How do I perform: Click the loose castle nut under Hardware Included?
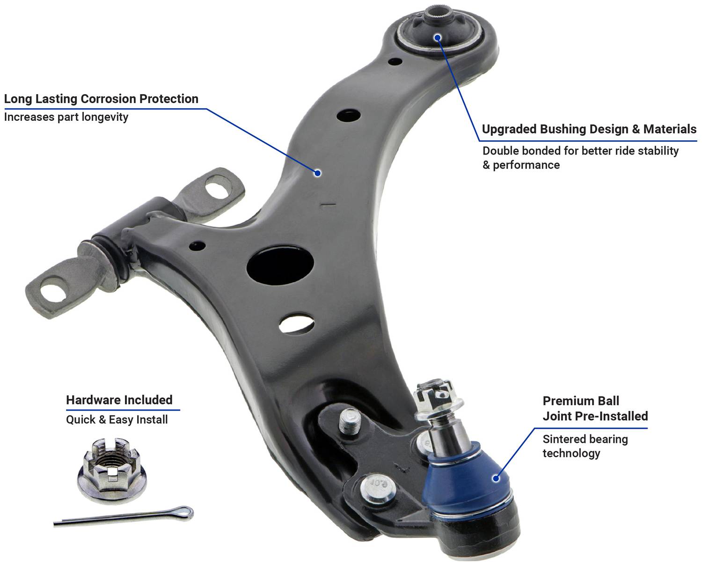(112, 470)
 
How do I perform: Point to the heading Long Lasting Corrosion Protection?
(101, 99)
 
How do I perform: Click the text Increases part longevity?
(66, 117)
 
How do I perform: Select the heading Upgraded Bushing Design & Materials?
(589, 129)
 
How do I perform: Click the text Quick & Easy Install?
(117, 419)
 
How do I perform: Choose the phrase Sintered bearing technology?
(585, 446)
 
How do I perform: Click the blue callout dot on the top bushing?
(438, 37)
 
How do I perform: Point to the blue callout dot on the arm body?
(317, 173)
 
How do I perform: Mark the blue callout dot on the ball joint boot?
(496, 478)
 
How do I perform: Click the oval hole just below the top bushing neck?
(395, 62)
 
